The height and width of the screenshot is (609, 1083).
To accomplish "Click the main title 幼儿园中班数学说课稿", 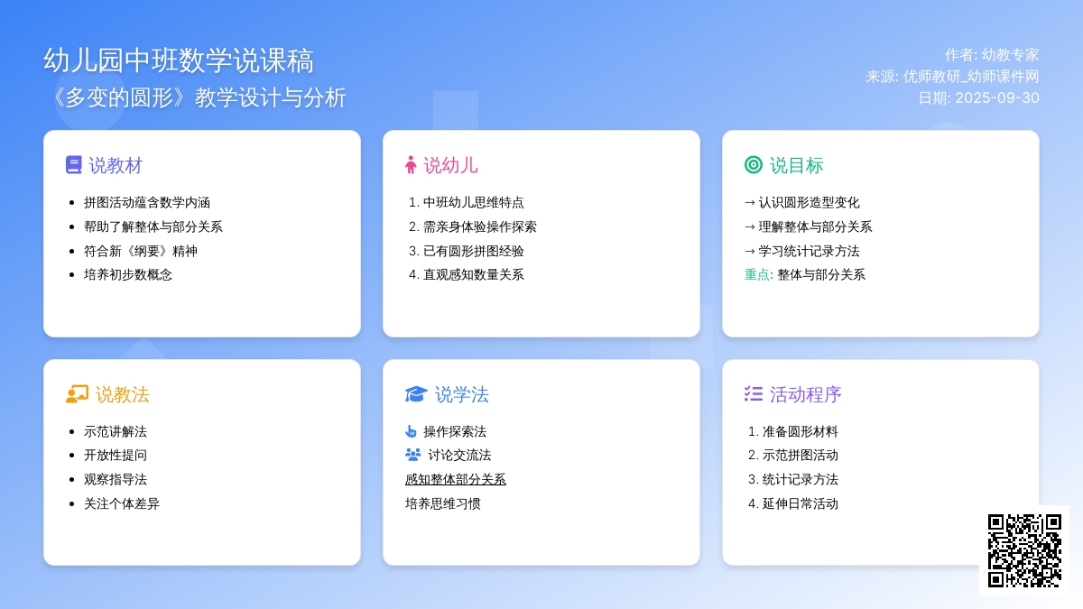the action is click(x=179, y=60).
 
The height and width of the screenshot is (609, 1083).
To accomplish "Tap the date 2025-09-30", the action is click(x=997, y=98).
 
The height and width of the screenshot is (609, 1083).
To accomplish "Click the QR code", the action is click(x=1024, y=550).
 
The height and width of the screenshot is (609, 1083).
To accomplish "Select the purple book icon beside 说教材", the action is click(x=73, y=165).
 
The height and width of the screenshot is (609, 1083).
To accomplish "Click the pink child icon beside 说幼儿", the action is click(x=411, y=165).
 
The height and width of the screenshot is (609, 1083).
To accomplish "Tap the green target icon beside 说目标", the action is click(x=754, y=165).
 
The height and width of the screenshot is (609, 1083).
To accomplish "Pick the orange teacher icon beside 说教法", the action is click(x=77, y=394).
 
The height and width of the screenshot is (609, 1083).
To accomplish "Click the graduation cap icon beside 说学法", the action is click(x=416, y=394).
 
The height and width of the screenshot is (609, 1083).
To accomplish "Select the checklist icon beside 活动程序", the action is click(x=754, y=394).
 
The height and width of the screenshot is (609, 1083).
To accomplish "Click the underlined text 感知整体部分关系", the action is click(x=456, y=479).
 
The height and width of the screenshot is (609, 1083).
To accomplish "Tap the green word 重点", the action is click(x=756, y=274).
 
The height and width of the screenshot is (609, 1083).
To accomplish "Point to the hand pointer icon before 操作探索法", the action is click(x=411, y=430).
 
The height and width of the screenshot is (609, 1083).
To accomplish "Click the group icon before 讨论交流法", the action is click(x=413, y=455).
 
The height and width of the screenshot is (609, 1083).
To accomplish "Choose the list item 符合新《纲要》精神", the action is click(x=141, y=251).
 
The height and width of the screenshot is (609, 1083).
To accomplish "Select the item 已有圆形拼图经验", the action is click(x=473, y=251).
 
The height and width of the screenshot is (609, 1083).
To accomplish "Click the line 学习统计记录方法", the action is click(x=809, y=251).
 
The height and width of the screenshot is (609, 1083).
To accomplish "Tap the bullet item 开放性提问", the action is click(x=116, y=455).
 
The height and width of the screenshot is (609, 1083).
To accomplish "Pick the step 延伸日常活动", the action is click(x=801, y=503).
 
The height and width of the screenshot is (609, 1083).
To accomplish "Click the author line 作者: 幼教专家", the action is click(x=992, y=55).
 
